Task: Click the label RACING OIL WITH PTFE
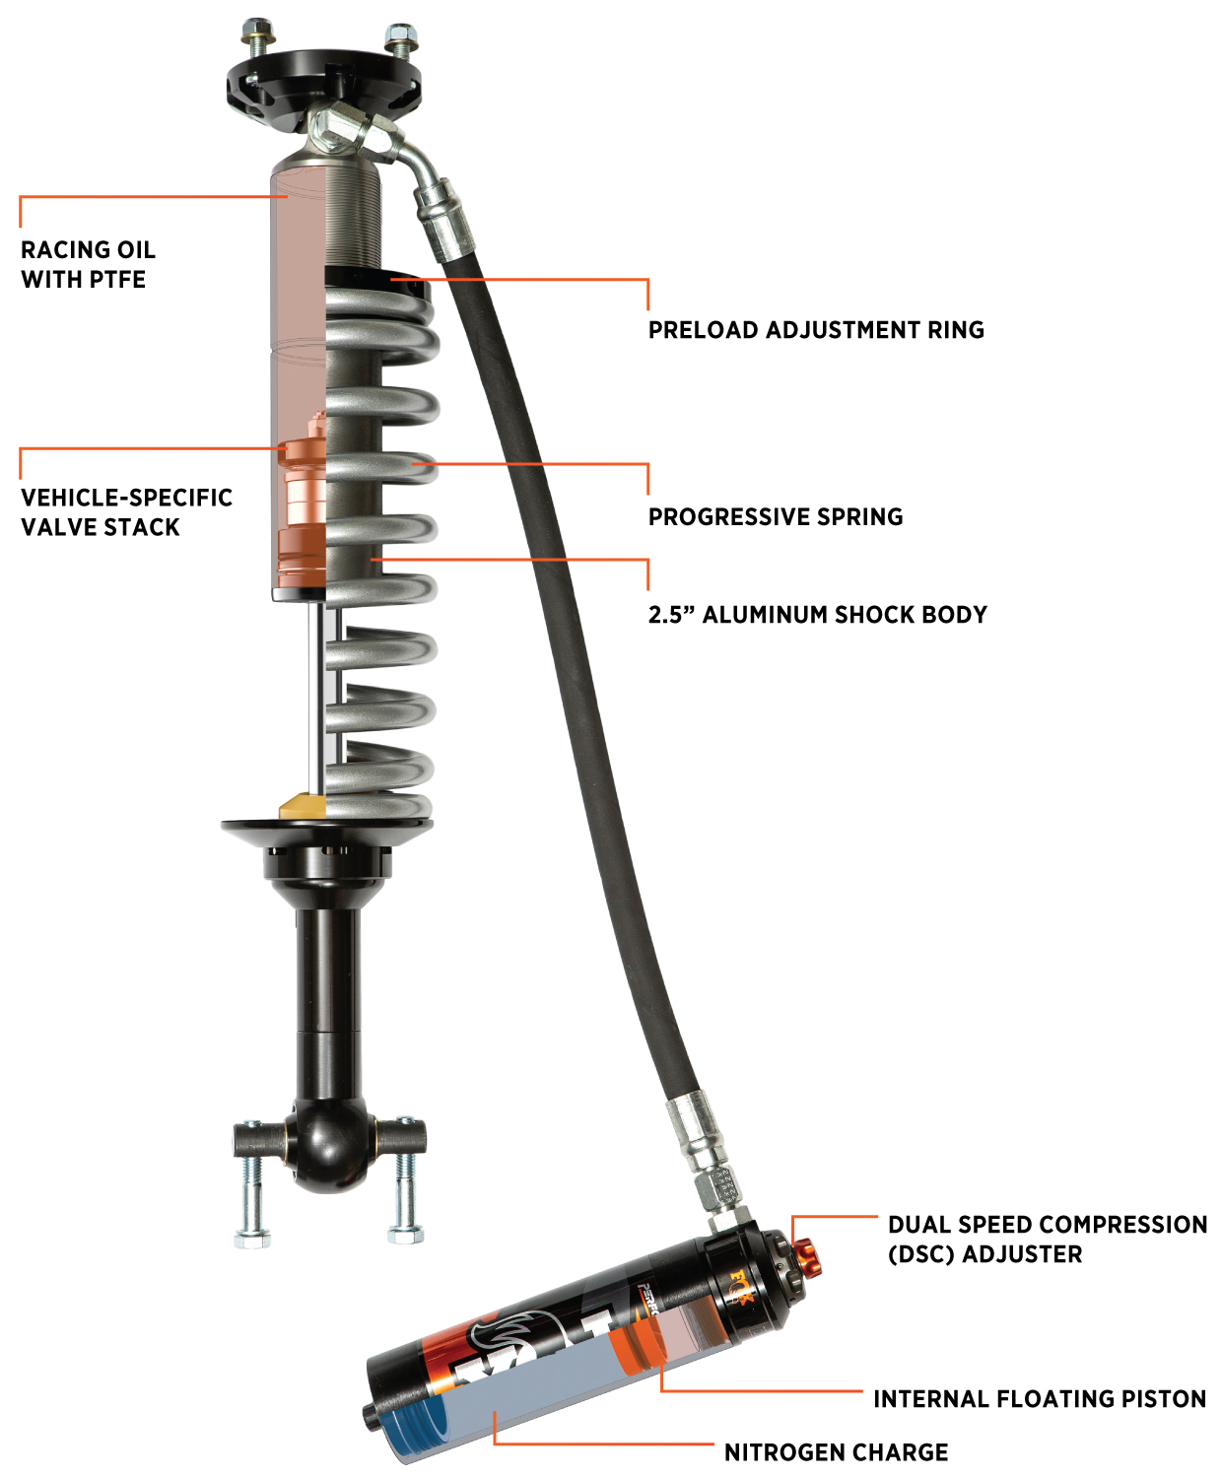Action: (88, 264)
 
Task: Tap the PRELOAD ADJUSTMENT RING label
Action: (816, 330)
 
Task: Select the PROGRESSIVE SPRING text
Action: (776, 517)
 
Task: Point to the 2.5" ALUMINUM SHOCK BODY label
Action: (817, 615)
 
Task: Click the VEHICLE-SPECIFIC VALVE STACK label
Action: (126, 512)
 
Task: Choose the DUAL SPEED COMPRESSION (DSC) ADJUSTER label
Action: (1047, 1240)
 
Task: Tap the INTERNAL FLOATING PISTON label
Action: (1039, 1399)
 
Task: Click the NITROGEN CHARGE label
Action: (836, 1452)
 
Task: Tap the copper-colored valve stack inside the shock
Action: (303, 512)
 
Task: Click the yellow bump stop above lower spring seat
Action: (303, 807)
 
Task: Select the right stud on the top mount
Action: (398, 44)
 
